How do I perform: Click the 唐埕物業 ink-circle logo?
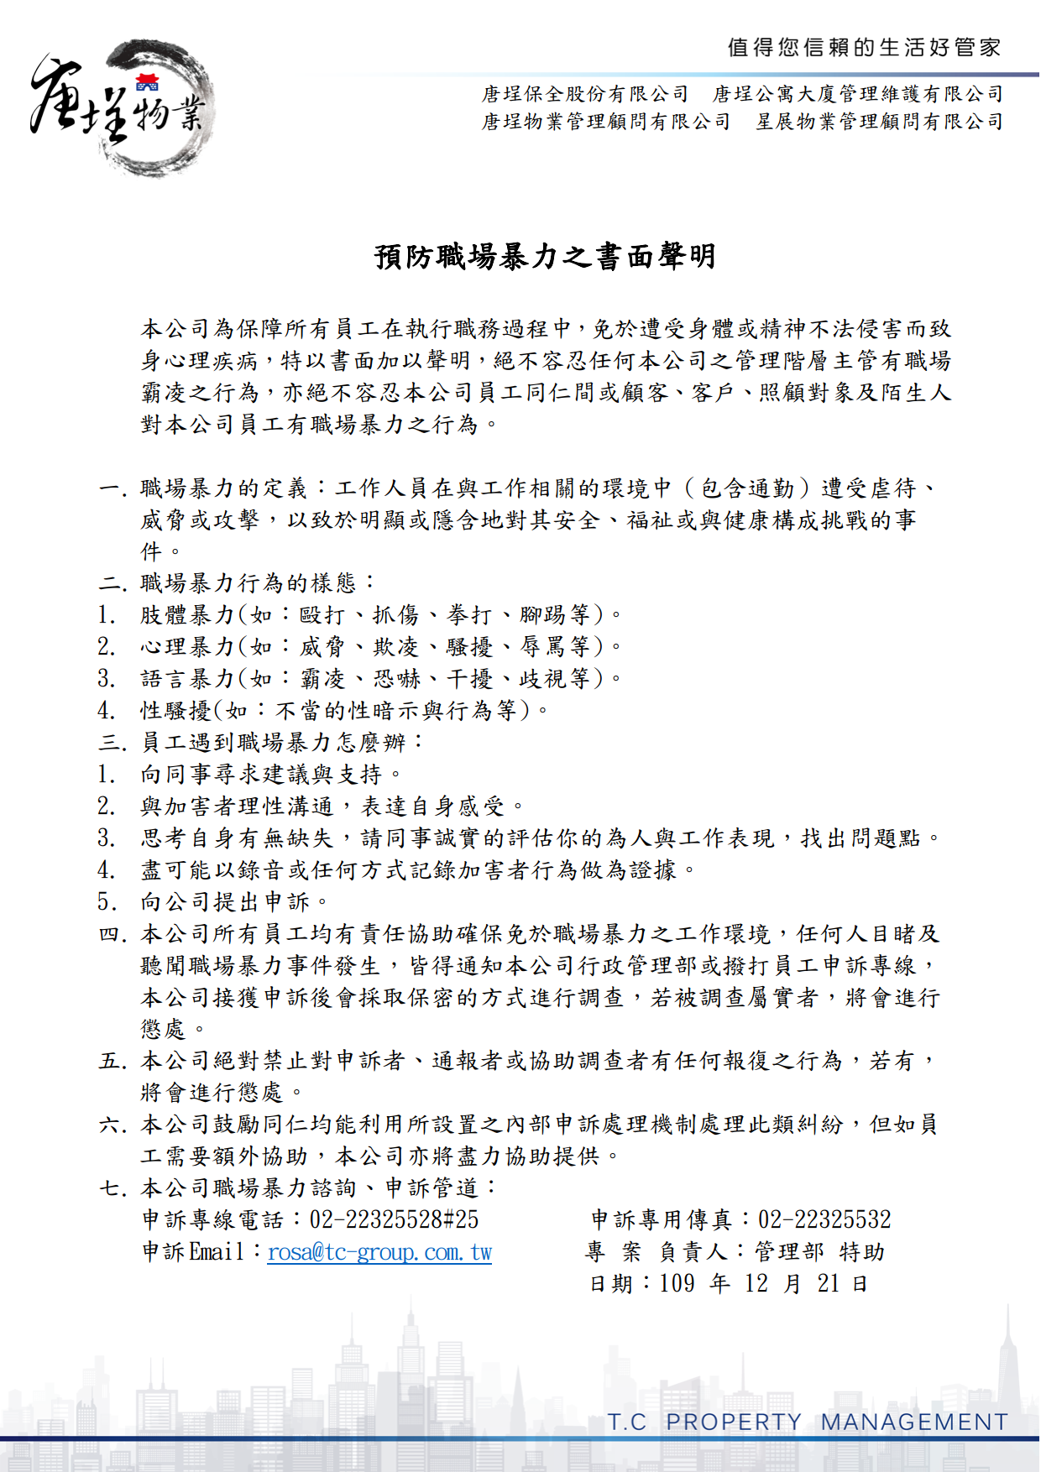[x=122, y=107]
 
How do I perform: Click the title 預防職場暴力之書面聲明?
[x=545, y=257]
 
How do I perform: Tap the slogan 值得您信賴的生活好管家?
[x=864, y=48]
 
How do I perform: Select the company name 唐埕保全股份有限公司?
[x=585, y=94]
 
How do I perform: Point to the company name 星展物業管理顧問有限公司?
[x=879, y=122]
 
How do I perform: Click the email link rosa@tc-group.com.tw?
[x=379, y=1252]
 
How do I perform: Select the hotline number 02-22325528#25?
[x=394, y=1219]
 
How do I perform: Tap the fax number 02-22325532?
[x=824, y=1219]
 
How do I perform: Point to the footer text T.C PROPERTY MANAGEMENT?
[x=808, y=1422]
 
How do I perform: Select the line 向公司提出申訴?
[x=235, y=902]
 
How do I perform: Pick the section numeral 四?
[x=112, y=934]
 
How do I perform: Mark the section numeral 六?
[x=112, y=1125]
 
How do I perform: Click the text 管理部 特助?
[x=819, y=1252]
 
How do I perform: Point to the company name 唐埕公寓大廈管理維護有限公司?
[x=858, y=94]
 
